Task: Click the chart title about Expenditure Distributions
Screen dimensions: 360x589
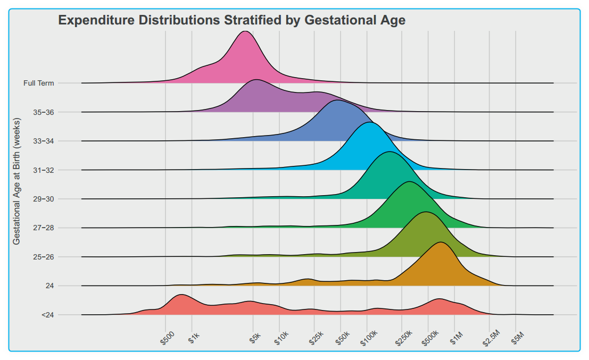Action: click(231, 21)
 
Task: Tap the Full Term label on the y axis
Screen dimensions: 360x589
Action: click(38, 83)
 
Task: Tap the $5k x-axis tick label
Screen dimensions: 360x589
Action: click(255, 338)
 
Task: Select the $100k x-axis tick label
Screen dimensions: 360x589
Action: click(368, 339)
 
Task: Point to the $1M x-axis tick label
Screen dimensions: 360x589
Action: click(457, 338)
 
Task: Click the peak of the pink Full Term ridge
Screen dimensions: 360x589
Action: click(244, 32)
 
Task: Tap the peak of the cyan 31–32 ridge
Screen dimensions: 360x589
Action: click(370, 123)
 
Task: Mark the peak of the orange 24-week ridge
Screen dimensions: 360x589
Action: click(441, 242)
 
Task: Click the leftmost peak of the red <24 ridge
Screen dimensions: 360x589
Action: click(181, 295)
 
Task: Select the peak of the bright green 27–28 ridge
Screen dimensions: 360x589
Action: click(409, 182)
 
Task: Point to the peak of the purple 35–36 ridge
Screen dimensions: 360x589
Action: click(256, 80)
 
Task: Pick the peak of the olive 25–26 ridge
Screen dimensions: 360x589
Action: click(425, 212)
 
